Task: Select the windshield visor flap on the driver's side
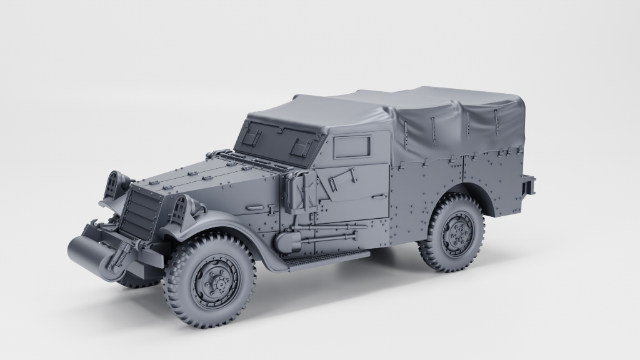pos(297,144)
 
